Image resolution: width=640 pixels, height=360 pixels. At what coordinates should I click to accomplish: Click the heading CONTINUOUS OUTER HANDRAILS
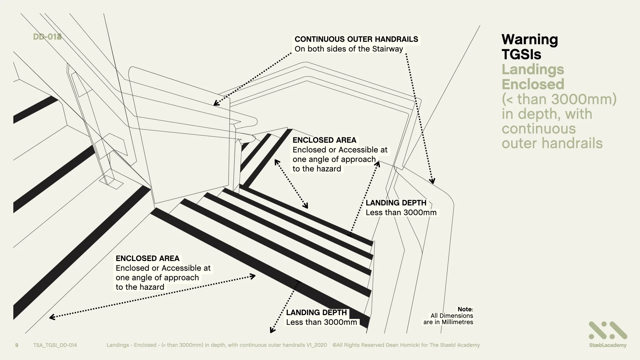point(356,39)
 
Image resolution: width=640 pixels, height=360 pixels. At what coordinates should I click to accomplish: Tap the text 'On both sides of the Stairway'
point(349,49)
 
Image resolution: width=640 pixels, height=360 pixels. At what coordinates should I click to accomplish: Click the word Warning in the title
point(530,40)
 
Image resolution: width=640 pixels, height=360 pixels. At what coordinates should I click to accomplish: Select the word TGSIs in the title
point(521,54)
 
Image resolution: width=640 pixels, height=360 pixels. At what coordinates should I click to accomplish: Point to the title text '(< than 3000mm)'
point(559,99)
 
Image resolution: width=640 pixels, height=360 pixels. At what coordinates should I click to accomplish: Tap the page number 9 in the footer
point(17,345)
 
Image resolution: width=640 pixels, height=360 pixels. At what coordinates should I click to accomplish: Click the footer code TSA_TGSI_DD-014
point(55,345)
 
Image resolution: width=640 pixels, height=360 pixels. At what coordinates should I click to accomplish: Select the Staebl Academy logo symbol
point(608,330)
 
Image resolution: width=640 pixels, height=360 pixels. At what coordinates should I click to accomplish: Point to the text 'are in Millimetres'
point(448,322)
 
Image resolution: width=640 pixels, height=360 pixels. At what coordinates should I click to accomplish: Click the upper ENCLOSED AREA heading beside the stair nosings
point(324,140)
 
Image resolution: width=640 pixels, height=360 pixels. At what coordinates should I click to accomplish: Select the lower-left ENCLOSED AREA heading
point(147,258)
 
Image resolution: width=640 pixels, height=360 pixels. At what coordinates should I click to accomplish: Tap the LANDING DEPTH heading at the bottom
point(316,313)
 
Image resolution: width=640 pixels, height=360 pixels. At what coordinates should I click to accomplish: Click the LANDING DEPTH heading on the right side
point(396,203)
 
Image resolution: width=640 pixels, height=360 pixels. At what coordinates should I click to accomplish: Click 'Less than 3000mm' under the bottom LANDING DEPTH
point(321,322)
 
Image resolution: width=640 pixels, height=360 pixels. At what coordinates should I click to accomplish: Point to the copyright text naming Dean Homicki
point(406,345)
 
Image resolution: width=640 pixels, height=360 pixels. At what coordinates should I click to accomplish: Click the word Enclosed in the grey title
point(533,84)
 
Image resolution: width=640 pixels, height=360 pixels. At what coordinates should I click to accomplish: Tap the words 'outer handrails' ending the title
point(552,143)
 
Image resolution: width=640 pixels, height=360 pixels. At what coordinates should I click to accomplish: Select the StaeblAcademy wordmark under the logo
point(608,345)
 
